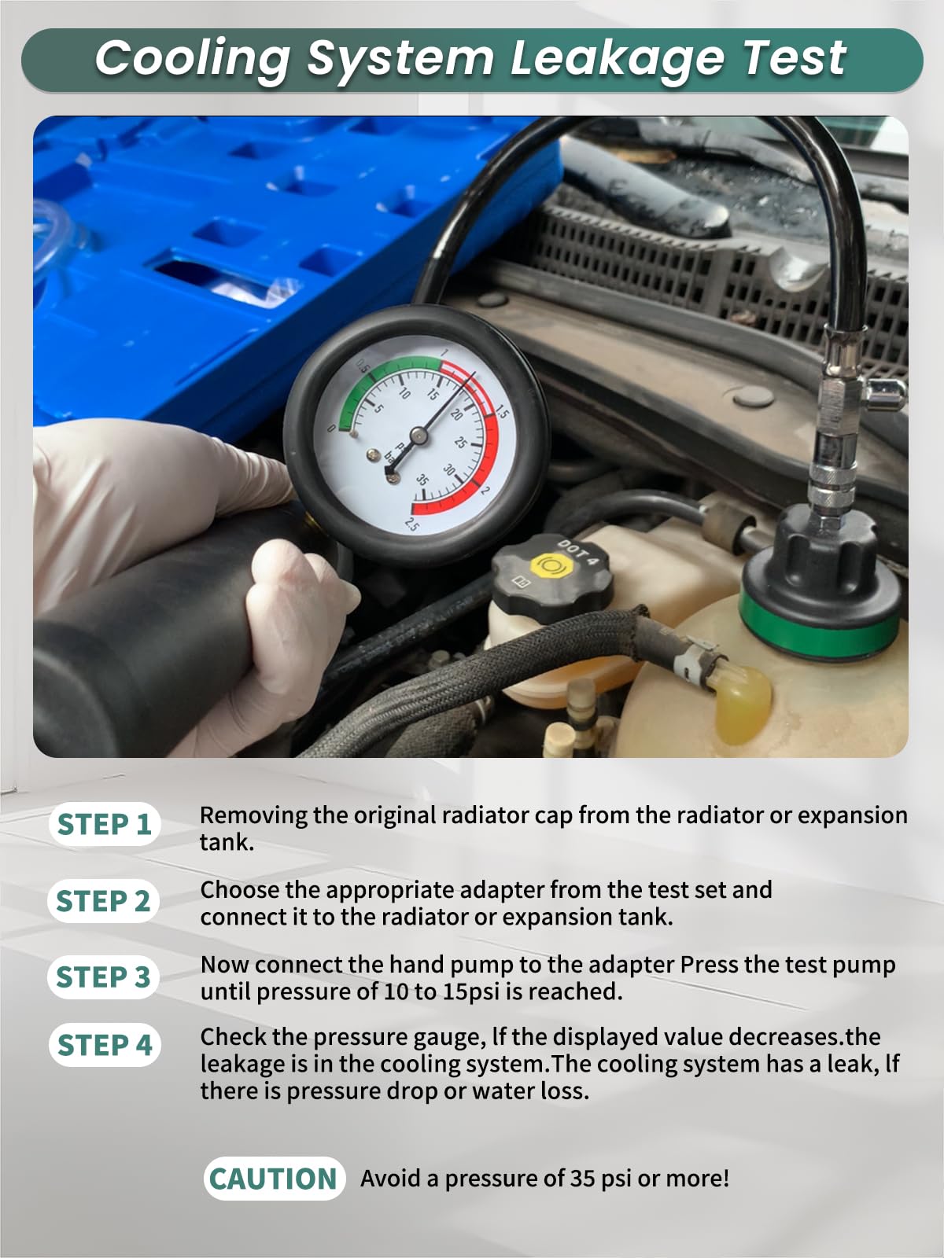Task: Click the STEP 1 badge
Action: (x=104, y=824)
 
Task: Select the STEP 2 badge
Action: (x=103, y=901)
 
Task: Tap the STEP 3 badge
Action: (x=103, y=977)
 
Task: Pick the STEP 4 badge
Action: (x=105, y=1046)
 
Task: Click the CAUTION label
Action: (x=273, y=1179)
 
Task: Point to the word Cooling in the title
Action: (x=192, y=59)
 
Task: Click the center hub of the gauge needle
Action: (x=418, y=436)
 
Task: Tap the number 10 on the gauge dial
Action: (x=404, y=392)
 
